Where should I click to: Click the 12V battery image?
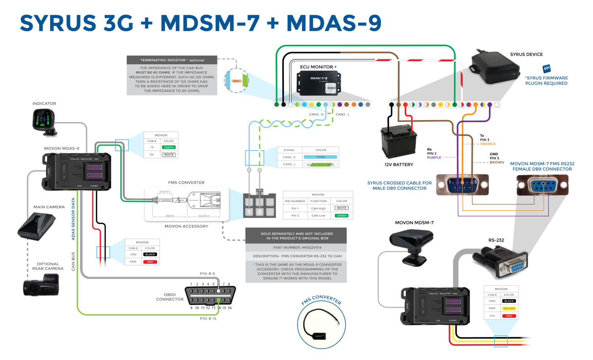coord(398,143)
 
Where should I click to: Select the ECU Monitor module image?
coord(319,83)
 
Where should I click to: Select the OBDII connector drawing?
coord(210,295)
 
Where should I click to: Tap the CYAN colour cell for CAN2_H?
coord(321,157)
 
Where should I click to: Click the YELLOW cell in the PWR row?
coord(509,308)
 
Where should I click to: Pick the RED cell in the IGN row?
coord(509,316)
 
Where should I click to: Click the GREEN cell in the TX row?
coord(169,147)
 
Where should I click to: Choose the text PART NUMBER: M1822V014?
coord(297,247)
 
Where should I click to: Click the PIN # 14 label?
coord(208,319)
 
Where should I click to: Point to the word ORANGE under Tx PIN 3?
coord(488,144)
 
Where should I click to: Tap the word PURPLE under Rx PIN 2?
coord(434,157)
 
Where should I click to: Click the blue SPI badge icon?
coord(546,68)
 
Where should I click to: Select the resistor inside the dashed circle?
coord(236,81)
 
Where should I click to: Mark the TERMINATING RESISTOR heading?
coord(172,60)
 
